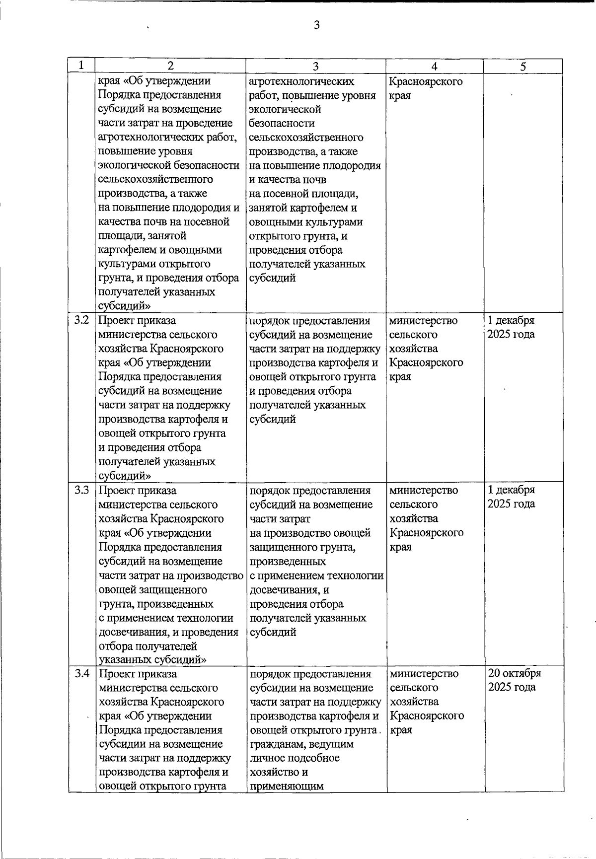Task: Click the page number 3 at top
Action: point(316,25)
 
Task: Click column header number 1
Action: point(81,66)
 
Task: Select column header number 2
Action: point(170,66)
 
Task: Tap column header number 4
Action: point(435,66)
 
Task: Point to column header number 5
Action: point(523,66)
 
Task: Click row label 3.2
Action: point(81,320)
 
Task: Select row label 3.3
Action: point(81,491)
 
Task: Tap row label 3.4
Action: point(81,674)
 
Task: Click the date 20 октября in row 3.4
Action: point(514,673)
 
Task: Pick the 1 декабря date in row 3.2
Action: point(511,320)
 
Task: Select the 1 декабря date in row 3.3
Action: point(511,490)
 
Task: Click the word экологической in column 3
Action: point(285,109)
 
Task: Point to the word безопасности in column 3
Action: point(282,123)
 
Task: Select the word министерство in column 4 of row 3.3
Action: point(424,490)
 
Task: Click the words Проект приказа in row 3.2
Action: point(137,321)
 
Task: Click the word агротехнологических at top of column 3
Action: point(301,81)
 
